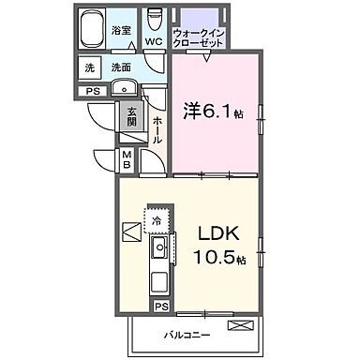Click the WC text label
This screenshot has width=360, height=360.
[155, 41]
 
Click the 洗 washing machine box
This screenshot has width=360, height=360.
[90, 67]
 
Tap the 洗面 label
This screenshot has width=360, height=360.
[120, 67]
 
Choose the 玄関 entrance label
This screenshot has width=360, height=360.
[132, 117]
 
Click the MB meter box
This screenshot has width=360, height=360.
[126, 159]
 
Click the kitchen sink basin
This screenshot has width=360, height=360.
[158, 250]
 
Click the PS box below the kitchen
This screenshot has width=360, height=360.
[160, 307]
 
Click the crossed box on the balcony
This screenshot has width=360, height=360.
[240, 325]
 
